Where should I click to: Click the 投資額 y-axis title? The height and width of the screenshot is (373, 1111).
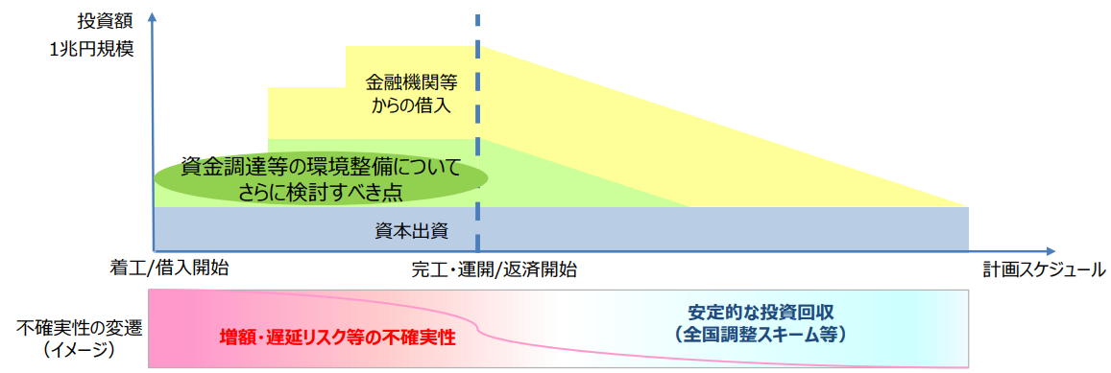101,19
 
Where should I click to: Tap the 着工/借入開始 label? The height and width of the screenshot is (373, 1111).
169,268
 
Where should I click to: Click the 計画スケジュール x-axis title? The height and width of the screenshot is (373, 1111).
1043,269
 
